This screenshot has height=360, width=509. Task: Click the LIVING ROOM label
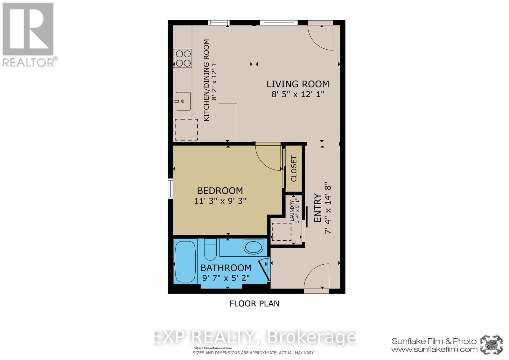pyautogui.click(x=297, y=84)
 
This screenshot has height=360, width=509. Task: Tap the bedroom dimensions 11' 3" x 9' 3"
pyautogui.click(x=220, y=201)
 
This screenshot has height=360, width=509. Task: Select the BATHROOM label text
pyautogui.click(x=226, y=268)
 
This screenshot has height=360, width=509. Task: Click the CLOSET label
pyautogui.click(x=294, y=169)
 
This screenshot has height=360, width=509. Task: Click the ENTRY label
pyautogui.click(x=317, y=208)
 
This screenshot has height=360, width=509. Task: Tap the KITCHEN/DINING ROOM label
pyautogui.click(x=206, y=80)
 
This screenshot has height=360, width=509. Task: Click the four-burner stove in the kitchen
pyautogui.click(x=183, y=58)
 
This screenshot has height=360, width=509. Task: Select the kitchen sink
pyautogui.click(x=183, y=101)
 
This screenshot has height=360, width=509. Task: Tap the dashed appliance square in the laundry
pyautogui.click(x=282, y=232)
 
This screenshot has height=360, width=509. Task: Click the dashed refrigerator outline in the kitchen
pyautogui.click(x=186, y=129)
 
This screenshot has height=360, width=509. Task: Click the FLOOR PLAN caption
pyautogui.click(x=254, y=303)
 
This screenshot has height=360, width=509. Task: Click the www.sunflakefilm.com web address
pyautogui.click(x=434, y=349)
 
